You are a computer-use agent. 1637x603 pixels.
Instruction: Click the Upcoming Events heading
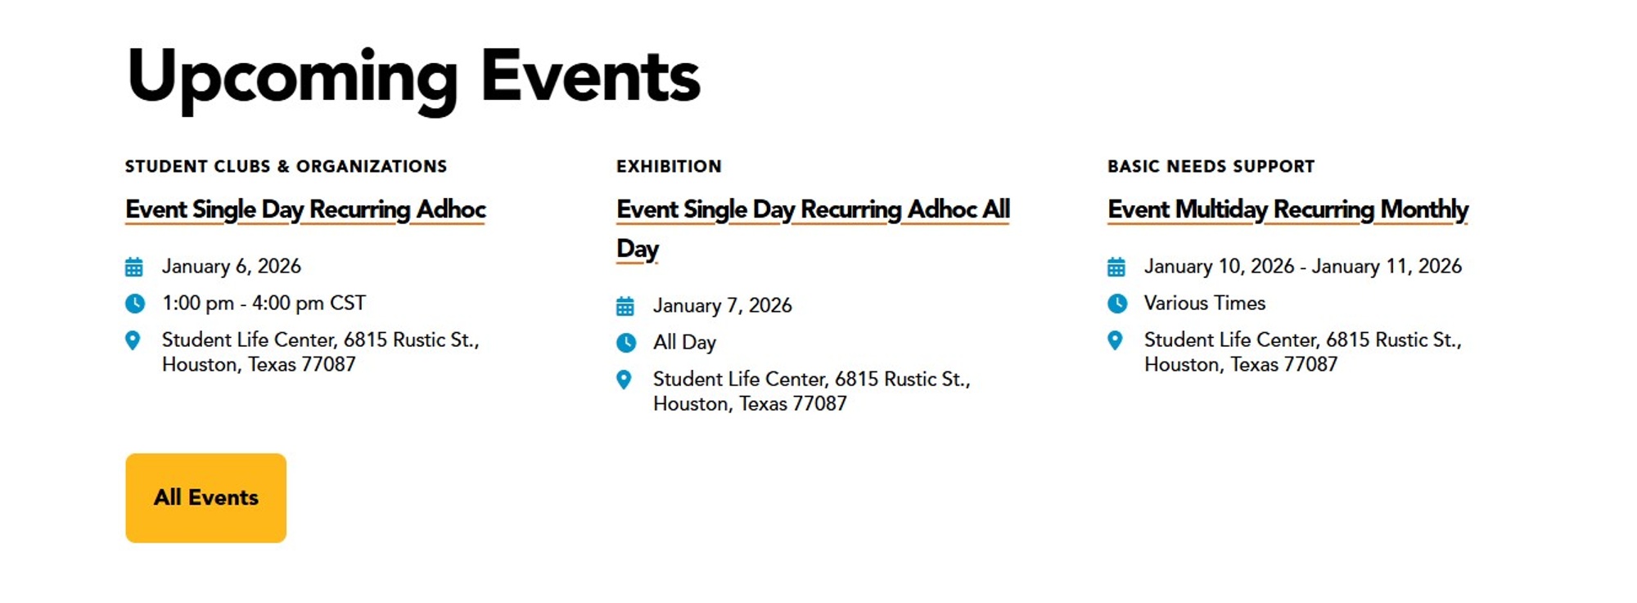tap(413, 78)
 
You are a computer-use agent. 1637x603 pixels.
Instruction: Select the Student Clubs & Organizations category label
tap(286, 166)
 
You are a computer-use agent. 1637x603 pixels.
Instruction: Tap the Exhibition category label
tap(669, 166)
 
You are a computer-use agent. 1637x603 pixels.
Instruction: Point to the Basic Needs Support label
tap(1211, 166)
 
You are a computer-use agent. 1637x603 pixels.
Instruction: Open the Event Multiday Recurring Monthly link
tap(1288, 209)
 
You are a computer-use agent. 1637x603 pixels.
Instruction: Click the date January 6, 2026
tap(231, 267)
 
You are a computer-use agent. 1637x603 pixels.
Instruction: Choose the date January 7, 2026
tap(722, 306)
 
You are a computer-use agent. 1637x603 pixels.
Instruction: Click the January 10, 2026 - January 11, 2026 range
tap(1302, 267)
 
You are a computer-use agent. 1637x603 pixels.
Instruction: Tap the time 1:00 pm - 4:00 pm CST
tap(264, 304)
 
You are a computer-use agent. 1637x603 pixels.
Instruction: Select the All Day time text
tap(684, 343)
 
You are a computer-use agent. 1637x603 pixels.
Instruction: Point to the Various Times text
tap(1204, 304)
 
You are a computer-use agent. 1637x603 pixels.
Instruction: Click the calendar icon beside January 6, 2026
tap(134, 267)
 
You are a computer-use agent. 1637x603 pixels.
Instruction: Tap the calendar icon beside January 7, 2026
tap(625, 306)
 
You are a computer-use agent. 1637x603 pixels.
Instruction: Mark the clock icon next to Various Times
tap(1116, 304)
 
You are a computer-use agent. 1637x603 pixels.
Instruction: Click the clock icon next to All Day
tap(625, 343)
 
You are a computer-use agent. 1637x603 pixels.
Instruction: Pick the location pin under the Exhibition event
tap(624, 380)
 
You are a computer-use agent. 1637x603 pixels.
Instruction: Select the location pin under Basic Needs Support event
tap(1115, 340)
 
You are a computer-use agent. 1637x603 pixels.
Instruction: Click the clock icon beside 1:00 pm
tap(135, 304)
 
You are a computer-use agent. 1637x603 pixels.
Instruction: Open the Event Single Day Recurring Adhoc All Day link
tap(812, 210)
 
